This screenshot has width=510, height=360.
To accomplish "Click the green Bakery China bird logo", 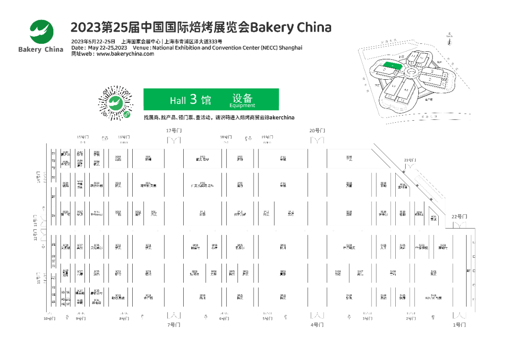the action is pyautogui.click(x=42, y=32).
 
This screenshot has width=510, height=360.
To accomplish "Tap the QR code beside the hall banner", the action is pyautogui.click(x=116, y=103).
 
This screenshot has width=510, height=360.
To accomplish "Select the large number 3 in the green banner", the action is pyautogui.click(x=193, y=99).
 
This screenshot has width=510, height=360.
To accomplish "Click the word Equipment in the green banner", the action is pyautogui.click(x=242, y=106).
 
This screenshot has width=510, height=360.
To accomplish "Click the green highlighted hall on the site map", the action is pyautogui.click(x=391, y=67).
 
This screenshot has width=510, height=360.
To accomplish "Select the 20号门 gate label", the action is pyautogui.click(x=317, y=130).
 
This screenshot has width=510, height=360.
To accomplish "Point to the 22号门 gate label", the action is pyautogui.click(x=459, y=217).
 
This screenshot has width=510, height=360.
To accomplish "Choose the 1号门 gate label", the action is pyautogui.click(x=459, y=325).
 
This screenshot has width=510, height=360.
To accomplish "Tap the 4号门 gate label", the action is pyautogui.click(x=317, y=325).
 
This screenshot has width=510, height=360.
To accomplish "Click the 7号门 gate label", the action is pyautogui.click(x=174, y=325).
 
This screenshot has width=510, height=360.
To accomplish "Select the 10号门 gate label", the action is pyautogui.click(x=49, y=318).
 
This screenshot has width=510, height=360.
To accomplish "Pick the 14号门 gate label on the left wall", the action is pyautogui.click(x=39, y=179).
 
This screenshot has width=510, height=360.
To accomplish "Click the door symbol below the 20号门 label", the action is pyautogui.click(x=317, y=140).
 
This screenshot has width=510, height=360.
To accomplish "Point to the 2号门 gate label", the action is pyautogui.click(x=411, y=318).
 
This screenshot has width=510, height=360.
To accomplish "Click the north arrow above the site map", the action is pyautogui.click(x=449, y=40).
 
